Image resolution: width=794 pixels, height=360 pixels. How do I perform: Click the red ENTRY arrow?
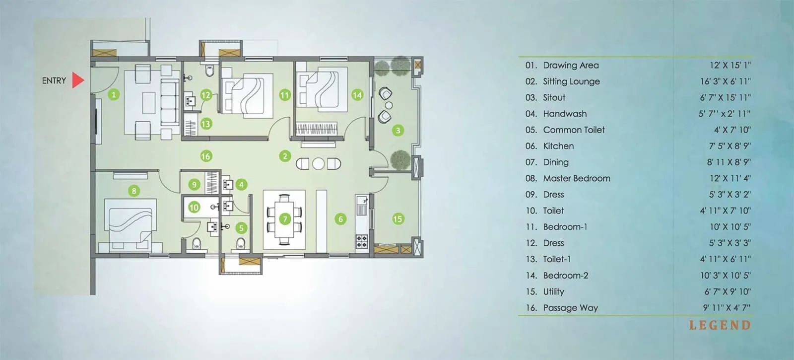tap(77, 80)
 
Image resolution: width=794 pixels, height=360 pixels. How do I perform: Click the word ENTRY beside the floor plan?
tap(54, 80)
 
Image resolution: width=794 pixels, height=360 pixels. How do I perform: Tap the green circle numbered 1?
tap(114, 94)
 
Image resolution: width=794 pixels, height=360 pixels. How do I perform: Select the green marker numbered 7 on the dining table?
tap(285, 219)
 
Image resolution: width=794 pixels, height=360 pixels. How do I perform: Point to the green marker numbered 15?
tap(397, 219)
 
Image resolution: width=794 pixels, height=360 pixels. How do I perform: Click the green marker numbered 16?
tap(205, 156)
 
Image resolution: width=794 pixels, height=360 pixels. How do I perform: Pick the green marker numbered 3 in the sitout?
tap(397, 131)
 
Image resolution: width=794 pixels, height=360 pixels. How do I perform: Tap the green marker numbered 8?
tap(133, 190)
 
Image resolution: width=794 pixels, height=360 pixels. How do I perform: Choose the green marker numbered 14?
tap(357, 94)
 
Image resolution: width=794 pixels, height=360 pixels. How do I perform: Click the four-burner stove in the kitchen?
tap(361, 241)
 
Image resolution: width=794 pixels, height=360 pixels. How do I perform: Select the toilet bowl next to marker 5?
tap(241, 243)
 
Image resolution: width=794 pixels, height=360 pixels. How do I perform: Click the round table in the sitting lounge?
tap(318, 163)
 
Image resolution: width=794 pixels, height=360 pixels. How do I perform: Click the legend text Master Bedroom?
tap(577, 178)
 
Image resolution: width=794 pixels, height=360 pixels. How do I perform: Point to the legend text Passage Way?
tap(570, 308)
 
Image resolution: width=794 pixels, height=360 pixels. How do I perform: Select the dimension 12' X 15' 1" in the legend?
tap(730, 65)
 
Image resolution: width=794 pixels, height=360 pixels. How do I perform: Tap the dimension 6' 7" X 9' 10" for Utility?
tap(728, 291)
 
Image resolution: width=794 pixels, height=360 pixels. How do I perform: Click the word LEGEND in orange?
tap(720, 326)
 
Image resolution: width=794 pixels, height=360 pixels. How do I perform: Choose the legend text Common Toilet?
tap(574, 130)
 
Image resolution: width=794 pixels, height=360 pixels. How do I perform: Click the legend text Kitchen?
tap(558, 146)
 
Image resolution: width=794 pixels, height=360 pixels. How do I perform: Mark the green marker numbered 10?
tap(194, 207)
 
